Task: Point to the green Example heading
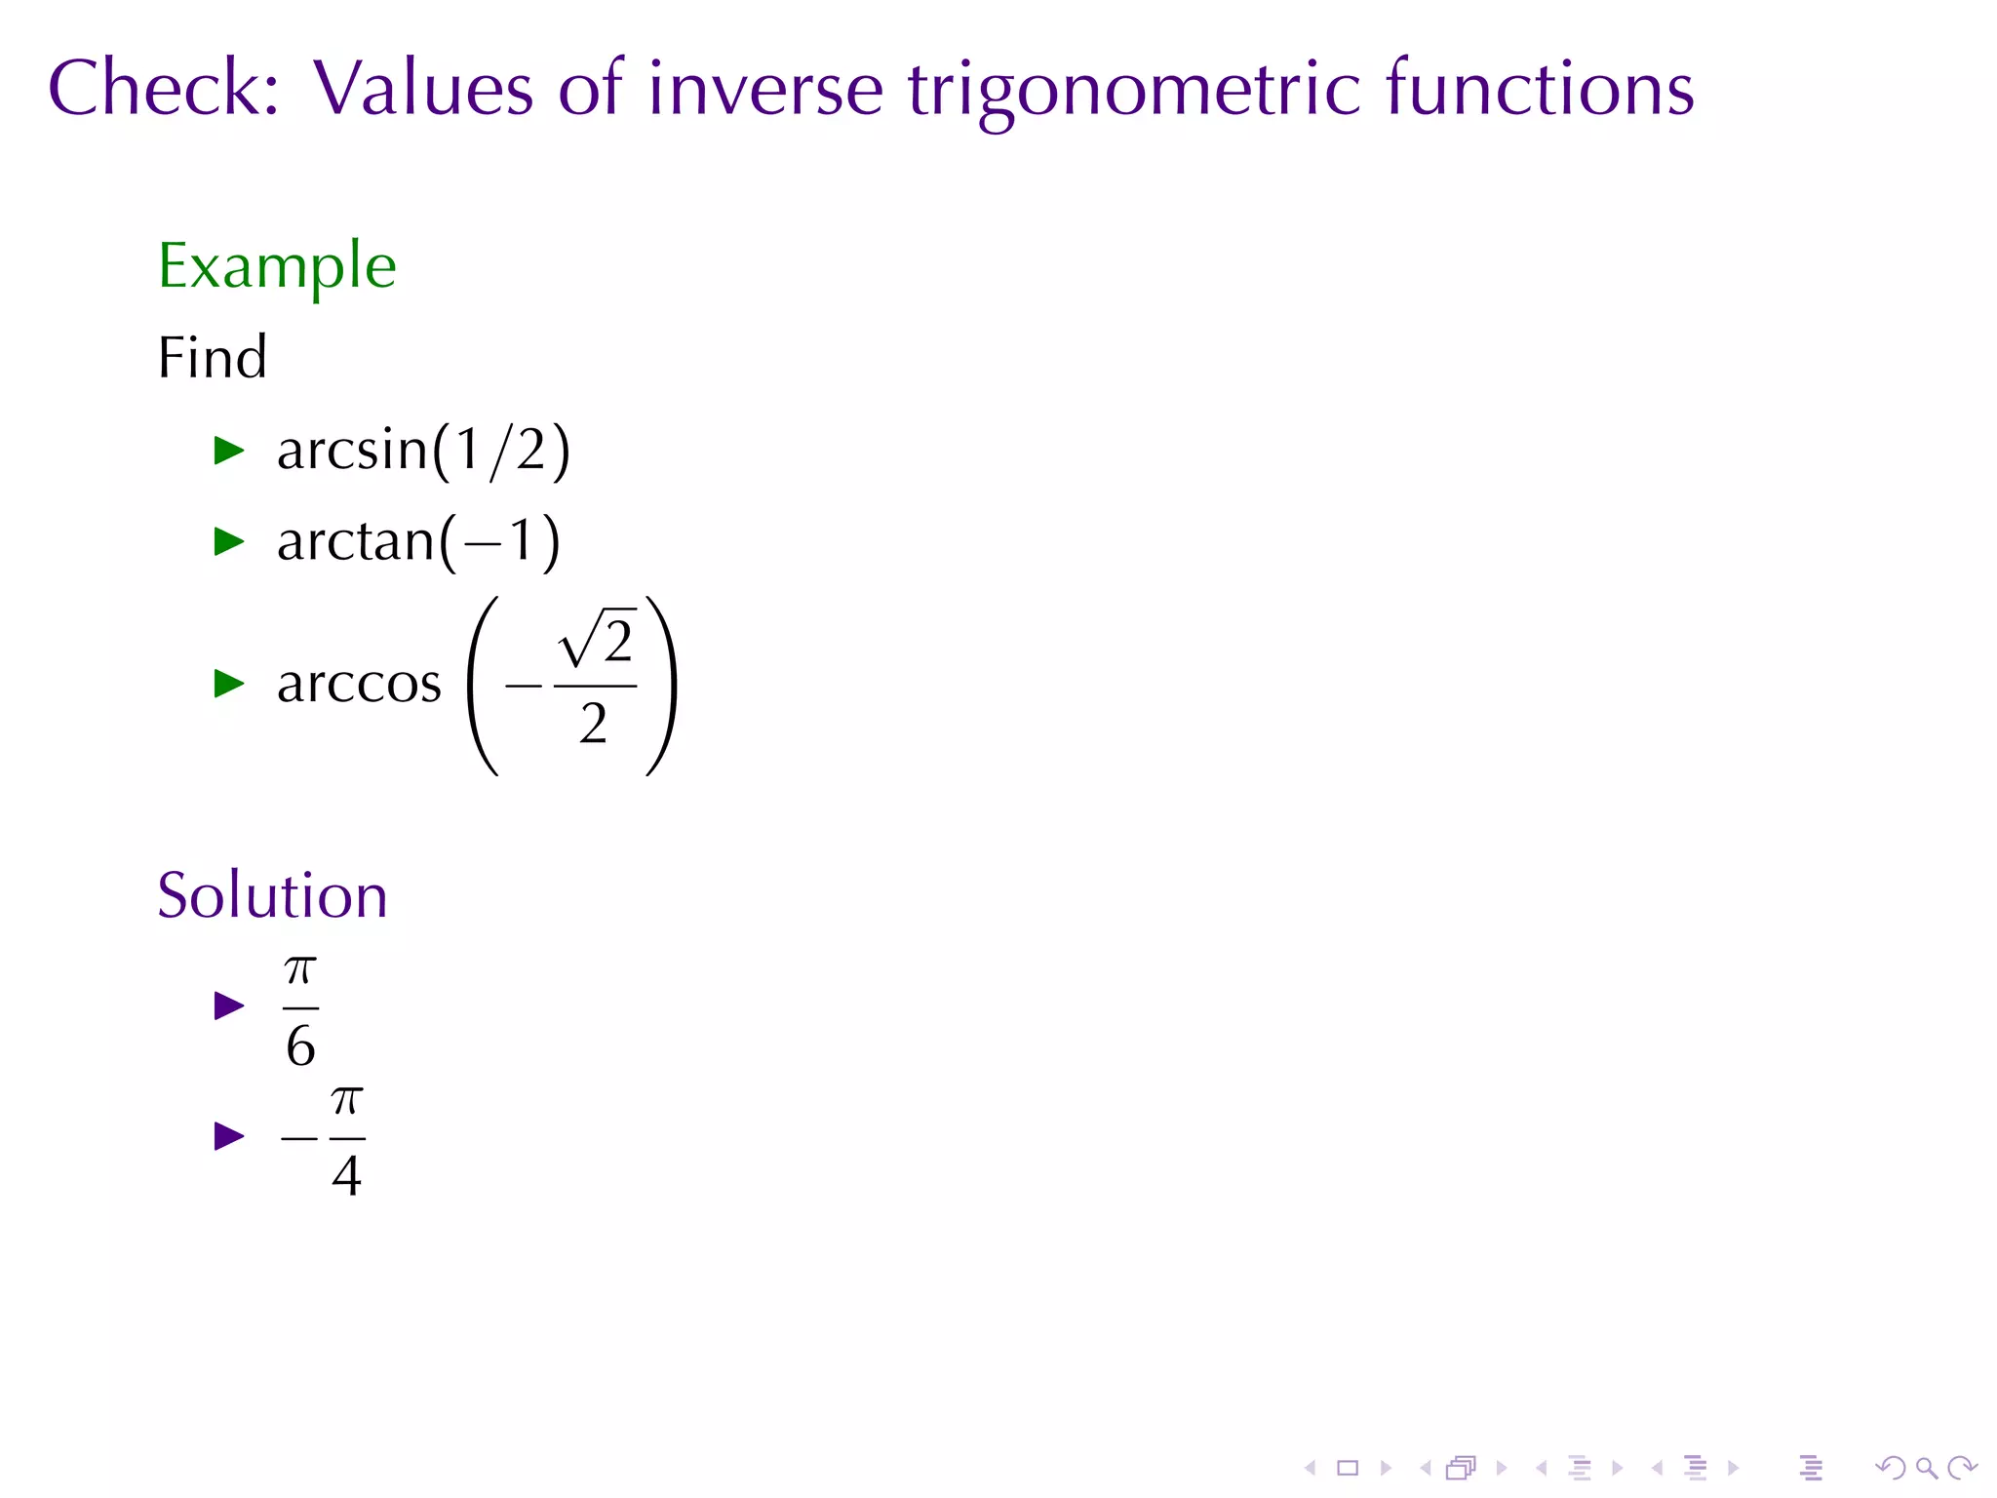tap(277, 266)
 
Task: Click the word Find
tap(212, 358)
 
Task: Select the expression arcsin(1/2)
tap(422, 451)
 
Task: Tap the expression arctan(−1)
tap(418, 541)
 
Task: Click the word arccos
tap(359, 684)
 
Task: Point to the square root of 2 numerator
tap(598, 641)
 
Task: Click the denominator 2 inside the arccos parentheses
tap(593, 724)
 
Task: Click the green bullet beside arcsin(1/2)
tap(228, 451)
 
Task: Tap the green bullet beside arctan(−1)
tap(228, 541)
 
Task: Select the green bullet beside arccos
tap(228, 684)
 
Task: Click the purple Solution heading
tap(272, 895)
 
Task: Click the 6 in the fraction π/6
tap(300, 1046)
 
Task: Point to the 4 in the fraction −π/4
tap(346, 1175)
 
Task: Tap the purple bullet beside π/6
tap(228, 1005)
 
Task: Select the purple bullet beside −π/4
tap(228, 1136)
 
